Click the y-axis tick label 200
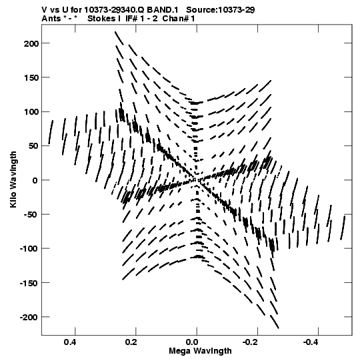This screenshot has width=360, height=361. point(31,43)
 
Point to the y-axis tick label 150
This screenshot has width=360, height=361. point(31,78)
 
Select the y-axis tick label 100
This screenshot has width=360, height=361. point(31,112)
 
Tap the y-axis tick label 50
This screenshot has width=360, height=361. point(33,146)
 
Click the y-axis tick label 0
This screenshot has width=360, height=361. point(35,180)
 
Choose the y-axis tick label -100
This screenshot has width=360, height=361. point(29,249)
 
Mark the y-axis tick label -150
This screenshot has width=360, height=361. point(29,283)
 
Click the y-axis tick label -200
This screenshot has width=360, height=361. point(29,318)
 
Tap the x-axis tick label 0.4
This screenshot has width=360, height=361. point(70,342)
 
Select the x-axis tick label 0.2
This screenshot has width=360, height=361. point(131,342)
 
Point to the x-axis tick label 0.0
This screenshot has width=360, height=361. point(192,342)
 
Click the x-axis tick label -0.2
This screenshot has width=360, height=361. point(251,342)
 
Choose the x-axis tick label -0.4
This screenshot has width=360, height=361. point(312,342)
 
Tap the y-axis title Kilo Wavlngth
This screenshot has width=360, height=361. point(14,179)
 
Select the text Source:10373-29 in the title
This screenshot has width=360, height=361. point(221,10)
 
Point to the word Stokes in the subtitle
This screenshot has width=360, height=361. point(101,19)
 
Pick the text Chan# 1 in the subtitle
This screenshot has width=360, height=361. point(179,19)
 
